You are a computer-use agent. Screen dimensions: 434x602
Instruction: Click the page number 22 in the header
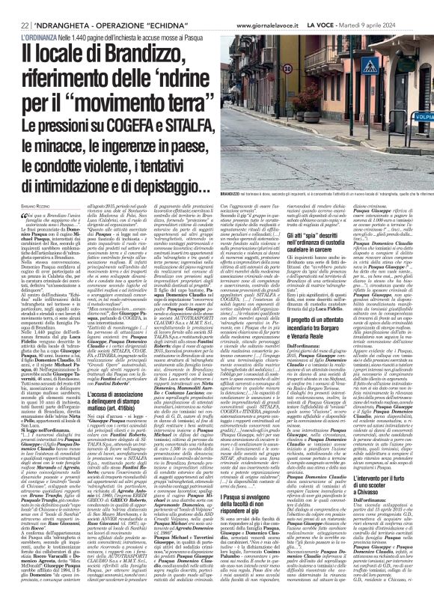click(13, 6)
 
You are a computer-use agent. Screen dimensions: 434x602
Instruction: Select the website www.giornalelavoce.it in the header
click(266, 6)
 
